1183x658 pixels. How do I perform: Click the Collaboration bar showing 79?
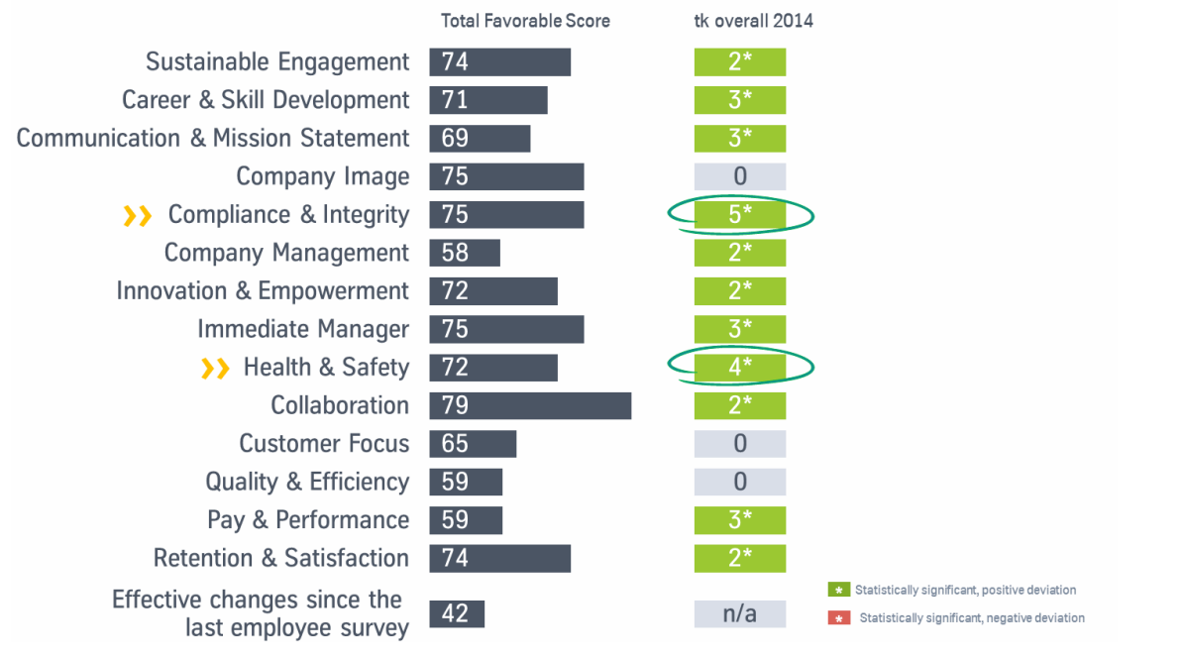(530, 405)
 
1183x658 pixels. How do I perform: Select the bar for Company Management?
(465, 253)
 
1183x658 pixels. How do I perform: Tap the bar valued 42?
(457, 613)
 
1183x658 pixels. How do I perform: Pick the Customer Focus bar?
(473, 443)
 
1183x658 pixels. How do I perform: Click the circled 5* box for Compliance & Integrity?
(740, 214)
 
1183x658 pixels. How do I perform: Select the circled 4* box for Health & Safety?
(740, 367)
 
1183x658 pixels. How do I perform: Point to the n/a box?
(740, 613)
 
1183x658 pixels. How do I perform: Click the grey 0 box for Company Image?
(740, 176)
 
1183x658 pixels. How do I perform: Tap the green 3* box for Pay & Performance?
(740, 519)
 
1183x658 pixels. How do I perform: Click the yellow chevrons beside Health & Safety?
(215, 369)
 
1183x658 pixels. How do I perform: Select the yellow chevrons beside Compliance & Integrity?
(137, 216)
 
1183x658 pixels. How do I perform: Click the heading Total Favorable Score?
(525, 21)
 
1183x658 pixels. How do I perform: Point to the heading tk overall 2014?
(754, 21)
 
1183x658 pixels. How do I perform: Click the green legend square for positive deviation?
(839, 590)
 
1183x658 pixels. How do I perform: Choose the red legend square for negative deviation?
(839, 618)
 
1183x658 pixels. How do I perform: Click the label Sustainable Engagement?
(277, 61)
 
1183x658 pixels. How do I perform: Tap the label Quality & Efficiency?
(307, 482)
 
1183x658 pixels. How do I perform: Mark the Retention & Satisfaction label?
(281, 558)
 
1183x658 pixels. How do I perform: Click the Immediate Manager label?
(303, 329)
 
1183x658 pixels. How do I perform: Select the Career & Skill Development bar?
(488, 100)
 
